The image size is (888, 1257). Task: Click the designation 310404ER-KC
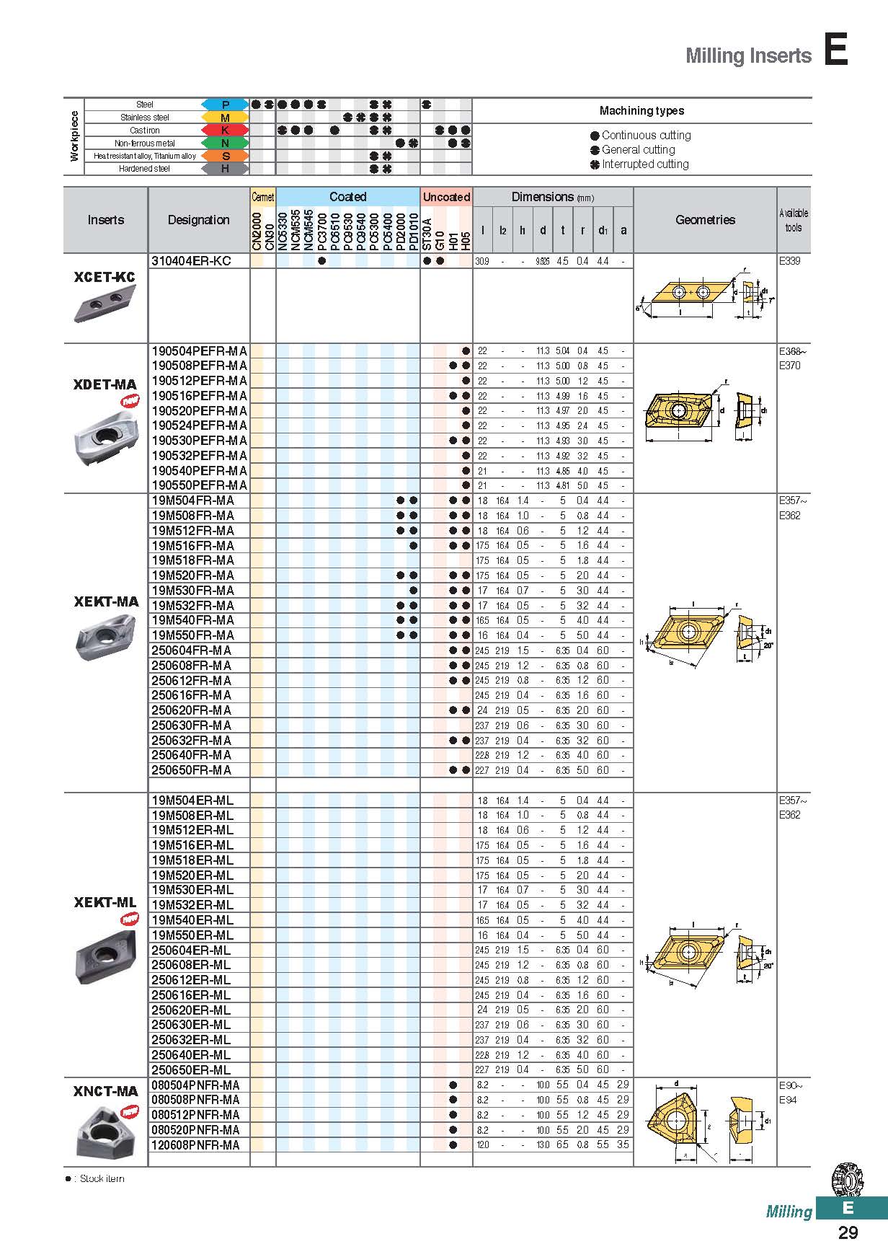point(191,261)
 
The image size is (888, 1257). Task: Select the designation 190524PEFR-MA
point(199,425)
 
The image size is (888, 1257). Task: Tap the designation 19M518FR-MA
point(192,560)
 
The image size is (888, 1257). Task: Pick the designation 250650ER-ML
point(191,1069)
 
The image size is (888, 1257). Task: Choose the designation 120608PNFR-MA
point(195,1144)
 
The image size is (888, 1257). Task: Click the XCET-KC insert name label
point(105,277)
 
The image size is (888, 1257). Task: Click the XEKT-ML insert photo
point(105,955)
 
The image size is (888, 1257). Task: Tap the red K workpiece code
point(225,131)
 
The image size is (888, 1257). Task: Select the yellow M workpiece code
point(225,118)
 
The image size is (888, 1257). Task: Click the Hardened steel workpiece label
point(144,169)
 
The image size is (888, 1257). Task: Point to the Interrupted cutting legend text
point(645,164)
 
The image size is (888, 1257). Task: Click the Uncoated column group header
point(446,197)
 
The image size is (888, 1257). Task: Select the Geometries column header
point(705,220)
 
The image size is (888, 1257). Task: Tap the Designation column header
point(198,220)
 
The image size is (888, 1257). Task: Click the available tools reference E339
point(789,261)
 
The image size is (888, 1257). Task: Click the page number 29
point(848,1232)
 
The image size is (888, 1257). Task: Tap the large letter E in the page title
point(836,51)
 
